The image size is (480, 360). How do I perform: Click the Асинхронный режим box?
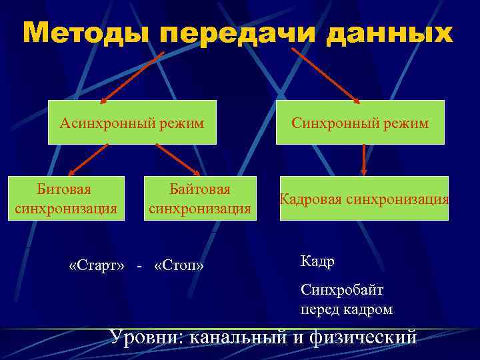(132, 123)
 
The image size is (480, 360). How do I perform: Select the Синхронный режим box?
(360, 123)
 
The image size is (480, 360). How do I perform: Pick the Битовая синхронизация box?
(65, 199)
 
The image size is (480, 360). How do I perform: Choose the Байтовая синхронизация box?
(199, 199)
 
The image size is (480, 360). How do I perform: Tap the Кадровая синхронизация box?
(364, 199)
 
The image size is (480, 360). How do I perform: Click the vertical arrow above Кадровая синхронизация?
(364, 160)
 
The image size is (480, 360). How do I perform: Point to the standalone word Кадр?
(317, 262)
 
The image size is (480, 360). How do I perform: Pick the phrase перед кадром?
(347, 309)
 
